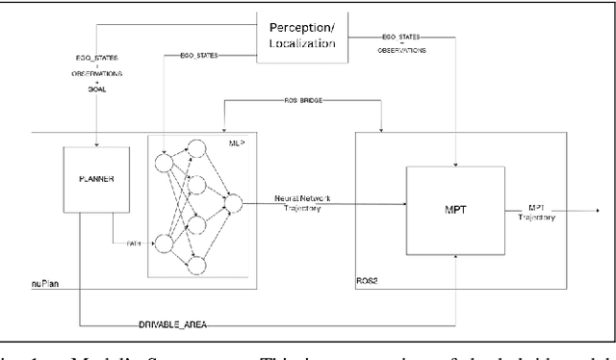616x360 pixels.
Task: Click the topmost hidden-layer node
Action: [x=198, y=147]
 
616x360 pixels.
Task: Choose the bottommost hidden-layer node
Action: [x=198, y=264]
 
